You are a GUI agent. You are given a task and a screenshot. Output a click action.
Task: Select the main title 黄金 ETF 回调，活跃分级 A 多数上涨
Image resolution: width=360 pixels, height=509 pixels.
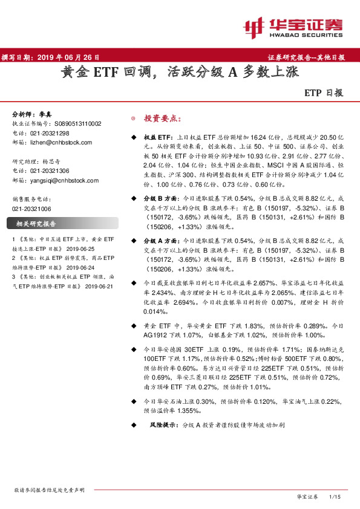click(179, 73)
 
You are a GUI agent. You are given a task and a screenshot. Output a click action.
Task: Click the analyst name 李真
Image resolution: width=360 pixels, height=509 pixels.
click(47, 114)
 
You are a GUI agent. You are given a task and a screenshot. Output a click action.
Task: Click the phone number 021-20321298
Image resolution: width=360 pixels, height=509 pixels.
click(50, 133)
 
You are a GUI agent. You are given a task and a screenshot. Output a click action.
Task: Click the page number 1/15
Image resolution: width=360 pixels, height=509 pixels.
click(335, 496)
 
